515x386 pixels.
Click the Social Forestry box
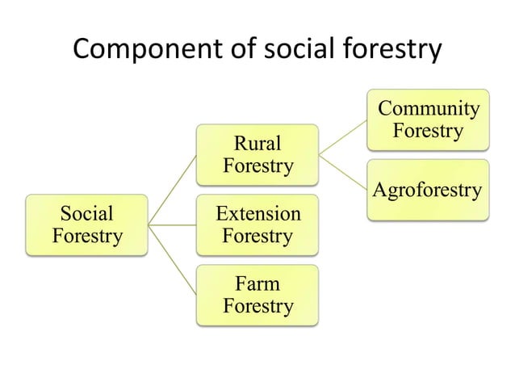coord(86,225)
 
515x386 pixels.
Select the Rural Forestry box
coord(257,155)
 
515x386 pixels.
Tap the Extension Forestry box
coord(257,225)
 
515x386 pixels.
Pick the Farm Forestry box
coord(257,296)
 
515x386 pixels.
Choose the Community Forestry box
coord(427,120)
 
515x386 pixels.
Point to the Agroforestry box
coord(427,191)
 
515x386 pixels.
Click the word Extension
coord(257,215)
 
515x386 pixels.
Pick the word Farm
coord(257,285)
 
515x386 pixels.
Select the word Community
coord(428,109)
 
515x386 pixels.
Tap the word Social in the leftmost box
coord(86,215)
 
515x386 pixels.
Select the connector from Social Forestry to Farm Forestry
coord(173,260)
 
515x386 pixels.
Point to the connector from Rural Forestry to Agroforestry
coord(342,173)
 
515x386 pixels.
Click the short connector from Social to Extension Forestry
coord(173,225)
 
